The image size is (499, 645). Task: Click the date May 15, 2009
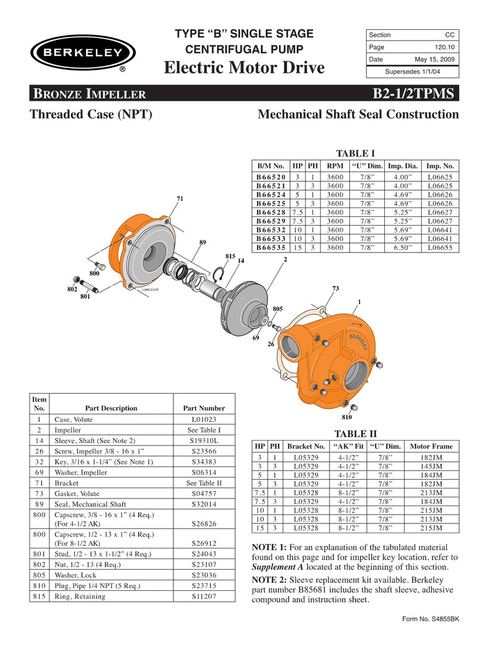(x=435, y=59)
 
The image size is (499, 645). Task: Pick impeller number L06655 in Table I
(x=440, y=247)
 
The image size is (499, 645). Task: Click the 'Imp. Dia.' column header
(x=404, y=166)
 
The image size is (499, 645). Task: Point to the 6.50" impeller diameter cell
(x=404, y=247)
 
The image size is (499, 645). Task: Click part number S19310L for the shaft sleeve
(x=203, y=440)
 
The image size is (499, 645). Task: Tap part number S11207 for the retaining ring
(x=203, y=596)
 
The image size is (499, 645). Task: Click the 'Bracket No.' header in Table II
(x=306, y=447)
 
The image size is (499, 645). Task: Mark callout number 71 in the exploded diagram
(x=180, y=199)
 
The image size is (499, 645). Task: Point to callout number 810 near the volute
(x=347, y=417)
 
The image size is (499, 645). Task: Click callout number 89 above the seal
(x=203, y=242)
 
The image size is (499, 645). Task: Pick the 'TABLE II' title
(x=356, y=434)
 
